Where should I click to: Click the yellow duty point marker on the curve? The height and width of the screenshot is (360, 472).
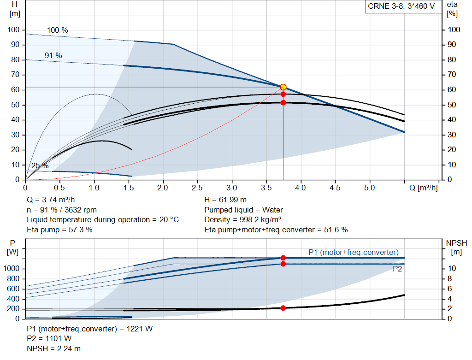[x=283, y=87]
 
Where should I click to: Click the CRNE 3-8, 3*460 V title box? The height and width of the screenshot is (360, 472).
[x=401, y=7]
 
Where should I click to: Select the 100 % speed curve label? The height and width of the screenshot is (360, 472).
[x=57, y=30]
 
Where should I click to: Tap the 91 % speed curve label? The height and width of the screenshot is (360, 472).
[x=53, y=55]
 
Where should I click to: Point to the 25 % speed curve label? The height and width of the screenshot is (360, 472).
[x=40, y=165]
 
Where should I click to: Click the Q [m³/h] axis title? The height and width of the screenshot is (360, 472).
[x=423, y=188]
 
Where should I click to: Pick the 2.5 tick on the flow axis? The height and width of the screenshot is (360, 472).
[x=197, y=188]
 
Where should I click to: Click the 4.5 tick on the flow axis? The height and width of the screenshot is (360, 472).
[x=335, y=188]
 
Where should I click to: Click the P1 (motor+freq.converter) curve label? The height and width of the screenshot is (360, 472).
[x=353, y=252]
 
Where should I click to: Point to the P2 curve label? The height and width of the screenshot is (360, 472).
[x=397, y=269]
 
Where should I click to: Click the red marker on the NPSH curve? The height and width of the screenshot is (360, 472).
[x=283, y=308]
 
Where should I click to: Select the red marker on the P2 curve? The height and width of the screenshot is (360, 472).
[x=283, y=264]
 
